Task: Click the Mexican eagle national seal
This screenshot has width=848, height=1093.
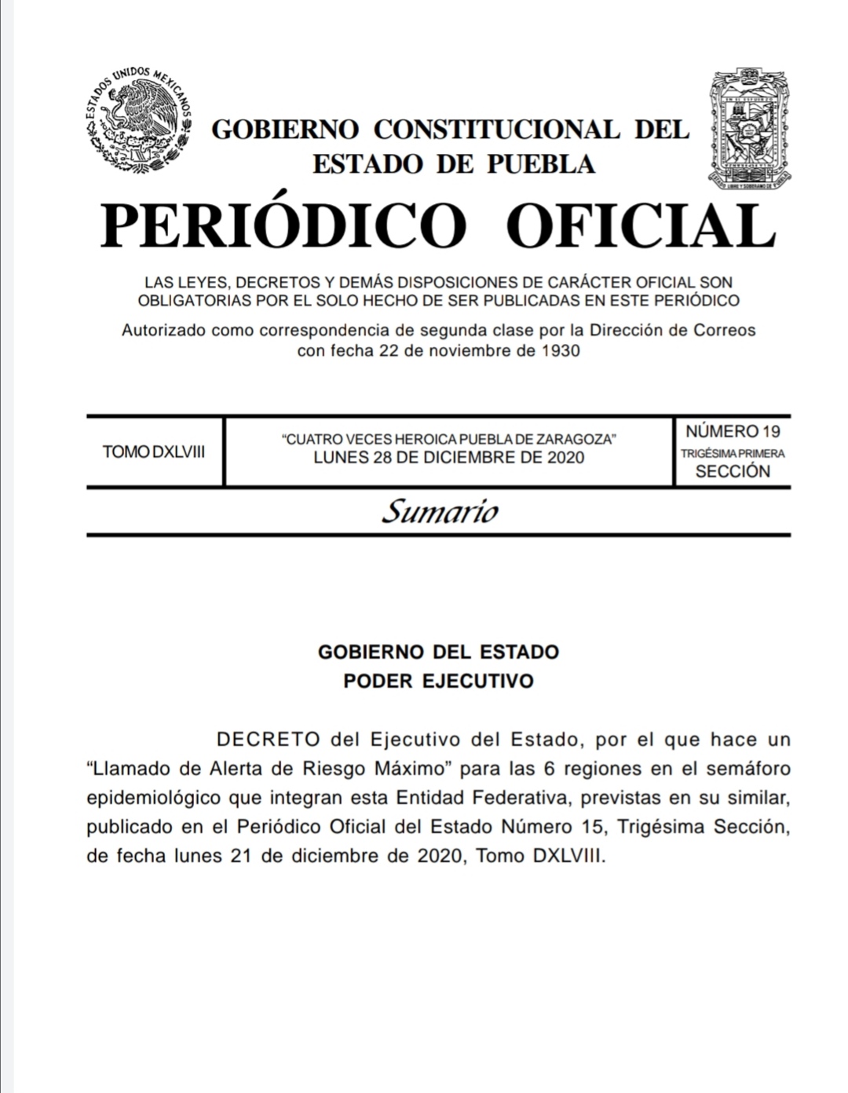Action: point(138,120)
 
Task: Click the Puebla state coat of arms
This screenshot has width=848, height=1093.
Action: point(750,129)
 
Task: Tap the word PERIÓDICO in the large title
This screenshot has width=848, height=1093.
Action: point(283,226)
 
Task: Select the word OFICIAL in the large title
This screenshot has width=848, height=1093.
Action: point(640,226)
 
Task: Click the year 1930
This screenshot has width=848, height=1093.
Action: point(561,350)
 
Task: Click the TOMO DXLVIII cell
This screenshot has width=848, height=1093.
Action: point(154,452)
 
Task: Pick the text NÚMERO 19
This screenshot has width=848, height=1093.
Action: point(733,431)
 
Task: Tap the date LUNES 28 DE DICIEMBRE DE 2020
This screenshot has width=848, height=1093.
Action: point(448,458)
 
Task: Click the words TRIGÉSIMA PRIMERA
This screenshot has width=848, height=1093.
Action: point(733,453)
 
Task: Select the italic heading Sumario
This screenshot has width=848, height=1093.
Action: point(440,512)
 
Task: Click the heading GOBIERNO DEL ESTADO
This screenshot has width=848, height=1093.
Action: point(438,652)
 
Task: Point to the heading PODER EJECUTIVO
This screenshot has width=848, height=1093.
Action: point(438,681)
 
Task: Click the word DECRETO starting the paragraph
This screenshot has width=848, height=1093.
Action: point(268,740)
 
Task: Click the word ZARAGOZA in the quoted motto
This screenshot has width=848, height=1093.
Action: point(579,440)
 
